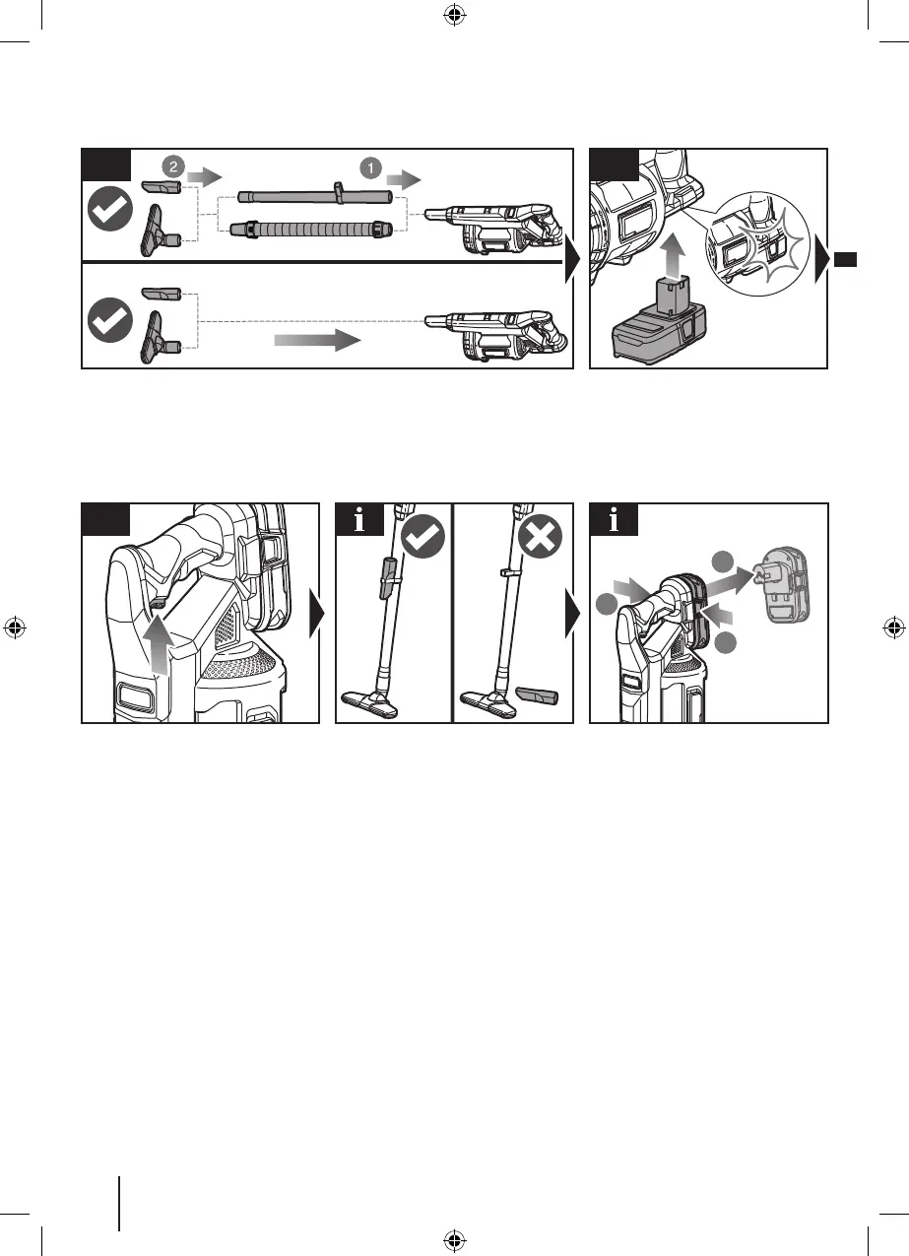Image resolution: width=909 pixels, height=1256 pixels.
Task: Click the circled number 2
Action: pos(173,167)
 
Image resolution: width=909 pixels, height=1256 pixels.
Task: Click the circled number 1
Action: pos(371,167)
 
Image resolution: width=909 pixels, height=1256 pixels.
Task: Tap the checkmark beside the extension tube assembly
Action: pos(110,209)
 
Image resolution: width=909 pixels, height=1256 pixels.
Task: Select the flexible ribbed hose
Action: pos(305,230)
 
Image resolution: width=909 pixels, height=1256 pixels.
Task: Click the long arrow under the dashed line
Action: pos(316,341)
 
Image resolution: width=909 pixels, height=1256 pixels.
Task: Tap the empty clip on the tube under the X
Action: pos(510,570)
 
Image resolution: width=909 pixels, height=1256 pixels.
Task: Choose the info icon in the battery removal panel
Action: pos(614,520)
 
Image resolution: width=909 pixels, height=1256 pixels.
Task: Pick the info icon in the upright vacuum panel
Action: pos(359,520)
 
